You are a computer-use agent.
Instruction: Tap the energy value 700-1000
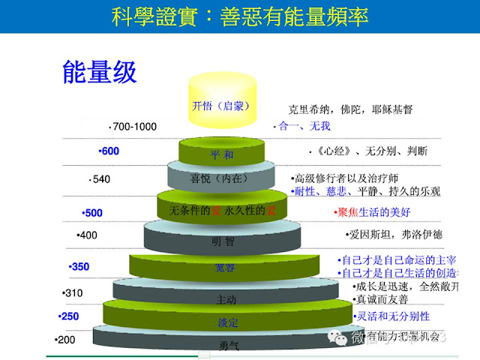coord(133,127)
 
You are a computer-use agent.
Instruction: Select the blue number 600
coord(109,151)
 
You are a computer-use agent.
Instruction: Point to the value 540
coord(100,179)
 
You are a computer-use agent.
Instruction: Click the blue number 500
coord(92,213)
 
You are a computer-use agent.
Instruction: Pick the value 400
coord(88,235)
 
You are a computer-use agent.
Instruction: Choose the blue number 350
coord(79,267)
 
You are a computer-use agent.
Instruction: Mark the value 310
coord(73,292)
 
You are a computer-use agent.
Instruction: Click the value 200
coord(66,340)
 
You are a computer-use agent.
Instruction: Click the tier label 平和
coord(223,155)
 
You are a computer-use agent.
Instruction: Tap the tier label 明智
coord(223,242)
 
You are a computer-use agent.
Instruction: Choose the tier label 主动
coord(226,300)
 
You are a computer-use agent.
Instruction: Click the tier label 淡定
coord(227,322)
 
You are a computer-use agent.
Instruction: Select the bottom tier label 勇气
coord(229,346)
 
